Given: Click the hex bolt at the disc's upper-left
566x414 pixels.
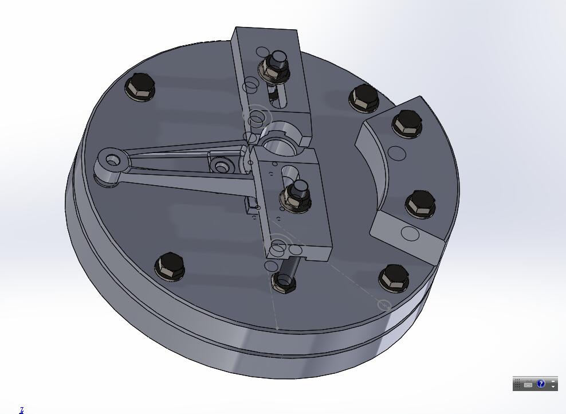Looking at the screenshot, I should coord(140,87).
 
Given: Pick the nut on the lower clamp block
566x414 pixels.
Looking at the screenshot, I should coord(294,196).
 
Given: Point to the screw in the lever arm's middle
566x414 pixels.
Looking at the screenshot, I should coord(221,166).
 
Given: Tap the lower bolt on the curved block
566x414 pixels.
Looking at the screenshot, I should coord(420,204).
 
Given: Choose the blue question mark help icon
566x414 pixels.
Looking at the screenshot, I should coord(541,384).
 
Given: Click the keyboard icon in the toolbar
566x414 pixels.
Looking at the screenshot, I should coord(528,384).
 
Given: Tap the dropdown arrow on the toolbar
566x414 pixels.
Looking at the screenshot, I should coord(553,387).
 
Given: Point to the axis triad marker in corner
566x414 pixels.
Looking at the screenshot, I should coord(22,409).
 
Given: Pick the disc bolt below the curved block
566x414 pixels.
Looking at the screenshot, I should coord(394,277).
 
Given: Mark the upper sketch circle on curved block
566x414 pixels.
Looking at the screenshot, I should coord(396,153).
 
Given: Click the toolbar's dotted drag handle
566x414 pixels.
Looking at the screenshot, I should coord(518,384).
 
